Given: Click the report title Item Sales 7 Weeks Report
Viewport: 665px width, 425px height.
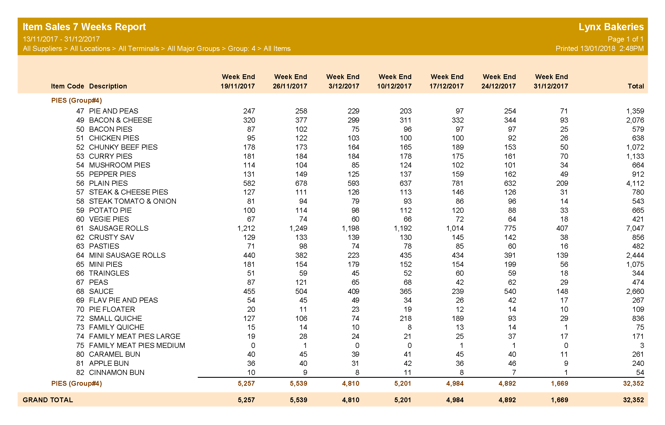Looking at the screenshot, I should click(84, 27).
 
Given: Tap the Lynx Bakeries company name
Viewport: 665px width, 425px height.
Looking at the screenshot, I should click(611, 27).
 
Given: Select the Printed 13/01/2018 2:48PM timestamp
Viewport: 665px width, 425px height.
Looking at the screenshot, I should click(599, 49).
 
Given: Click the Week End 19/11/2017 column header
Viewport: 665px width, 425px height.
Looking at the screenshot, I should click(238, 81).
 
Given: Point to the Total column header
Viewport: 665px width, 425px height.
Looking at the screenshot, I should click(635, 86).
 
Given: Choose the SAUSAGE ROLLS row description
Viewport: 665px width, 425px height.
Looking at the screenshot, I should click(119, 228).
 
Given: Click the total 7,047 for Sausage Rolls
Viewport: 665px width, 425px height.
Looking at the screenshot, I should click(635, 228).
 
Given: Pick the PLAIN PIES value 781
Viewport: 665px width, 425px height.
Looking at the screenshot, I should click(458, 183).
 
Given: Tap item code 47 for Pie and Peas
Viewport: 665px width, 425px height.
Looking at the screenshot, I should click(80, 111).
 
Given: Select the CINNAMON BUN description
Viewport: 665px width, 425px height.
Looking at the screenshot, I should click(117, 372).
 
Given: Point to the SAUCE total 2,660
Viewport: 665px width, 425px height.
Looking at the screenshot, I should click(635, 291).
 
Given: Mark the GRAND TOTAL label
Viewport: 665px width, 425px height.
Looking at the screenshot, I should click(48, 400).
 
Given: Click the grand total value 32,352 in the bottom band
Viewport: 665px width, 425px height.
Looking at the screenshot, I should click(633, 400).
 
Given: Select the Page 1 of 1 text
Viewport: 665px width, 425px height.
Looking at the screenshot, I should click(625, 39).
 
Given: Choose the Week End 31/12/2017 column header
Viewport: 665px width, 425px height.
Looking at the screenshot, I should click(551, 81).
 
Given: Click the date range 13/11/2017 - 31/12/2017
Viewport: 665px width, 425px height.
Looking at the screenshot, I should click(61, 39).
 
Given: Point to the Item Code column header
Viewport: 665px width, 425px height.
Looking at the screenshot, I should click(67, 86).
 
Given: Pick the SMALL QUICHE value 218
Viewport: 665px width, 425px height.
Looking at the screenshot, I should click(405, 318).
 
